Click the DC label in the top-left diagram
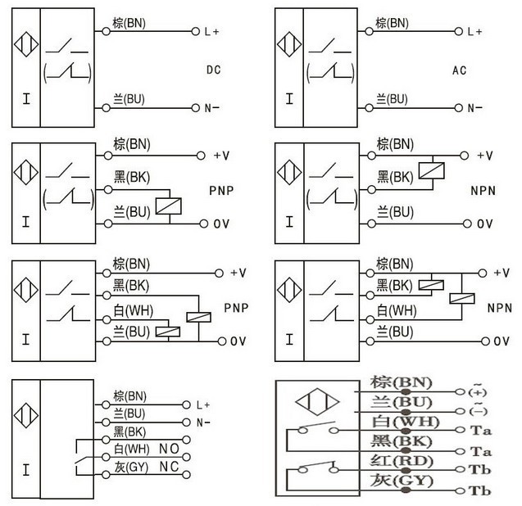214,70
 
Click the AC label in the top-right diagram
460,70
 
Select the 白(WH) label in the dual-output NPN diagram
397,311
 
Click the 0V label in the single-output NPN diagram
485,224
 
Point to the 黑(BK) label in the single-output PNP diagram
131,175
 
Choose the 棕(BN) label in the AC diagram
394,23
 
